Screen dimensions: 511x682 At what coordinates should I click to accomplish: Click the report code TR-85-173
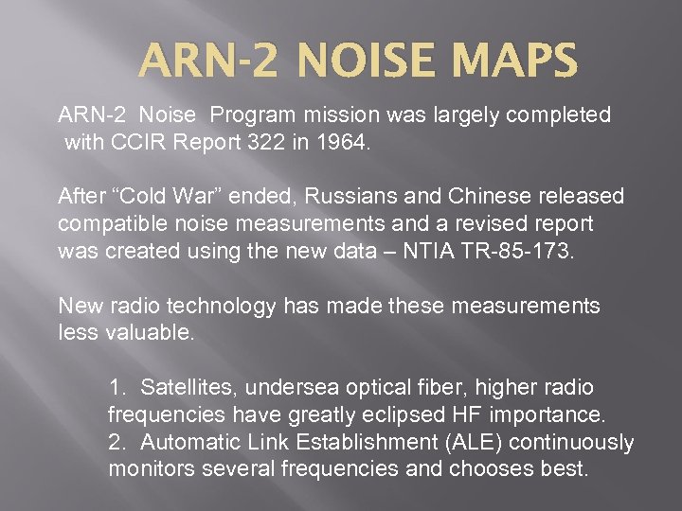coord(512,252)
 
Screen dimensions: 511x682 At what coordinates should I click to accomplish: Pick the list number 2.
coord(117,442)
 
